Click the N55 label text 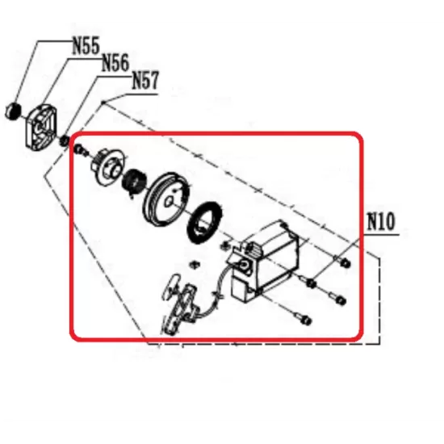(x=86, y=45)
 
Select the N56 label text (x=115, y=63)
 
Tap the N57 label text (x=145, y=81)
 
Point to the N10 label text (x=380, y=222)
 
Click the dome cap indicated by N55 (x=13, y=111)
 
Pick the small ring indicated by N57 (x=65, y=141)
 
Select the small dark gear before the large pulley (x=134, y=182)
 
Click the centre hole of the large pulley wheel (x=169, y=201)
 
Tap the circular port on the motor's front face (x=244, y=266)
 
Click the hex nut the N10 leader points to (x=311, y=283)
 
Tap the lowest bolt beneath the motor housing (x=303, y=319)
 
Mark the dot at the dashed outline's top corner (x=103, y=103)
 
